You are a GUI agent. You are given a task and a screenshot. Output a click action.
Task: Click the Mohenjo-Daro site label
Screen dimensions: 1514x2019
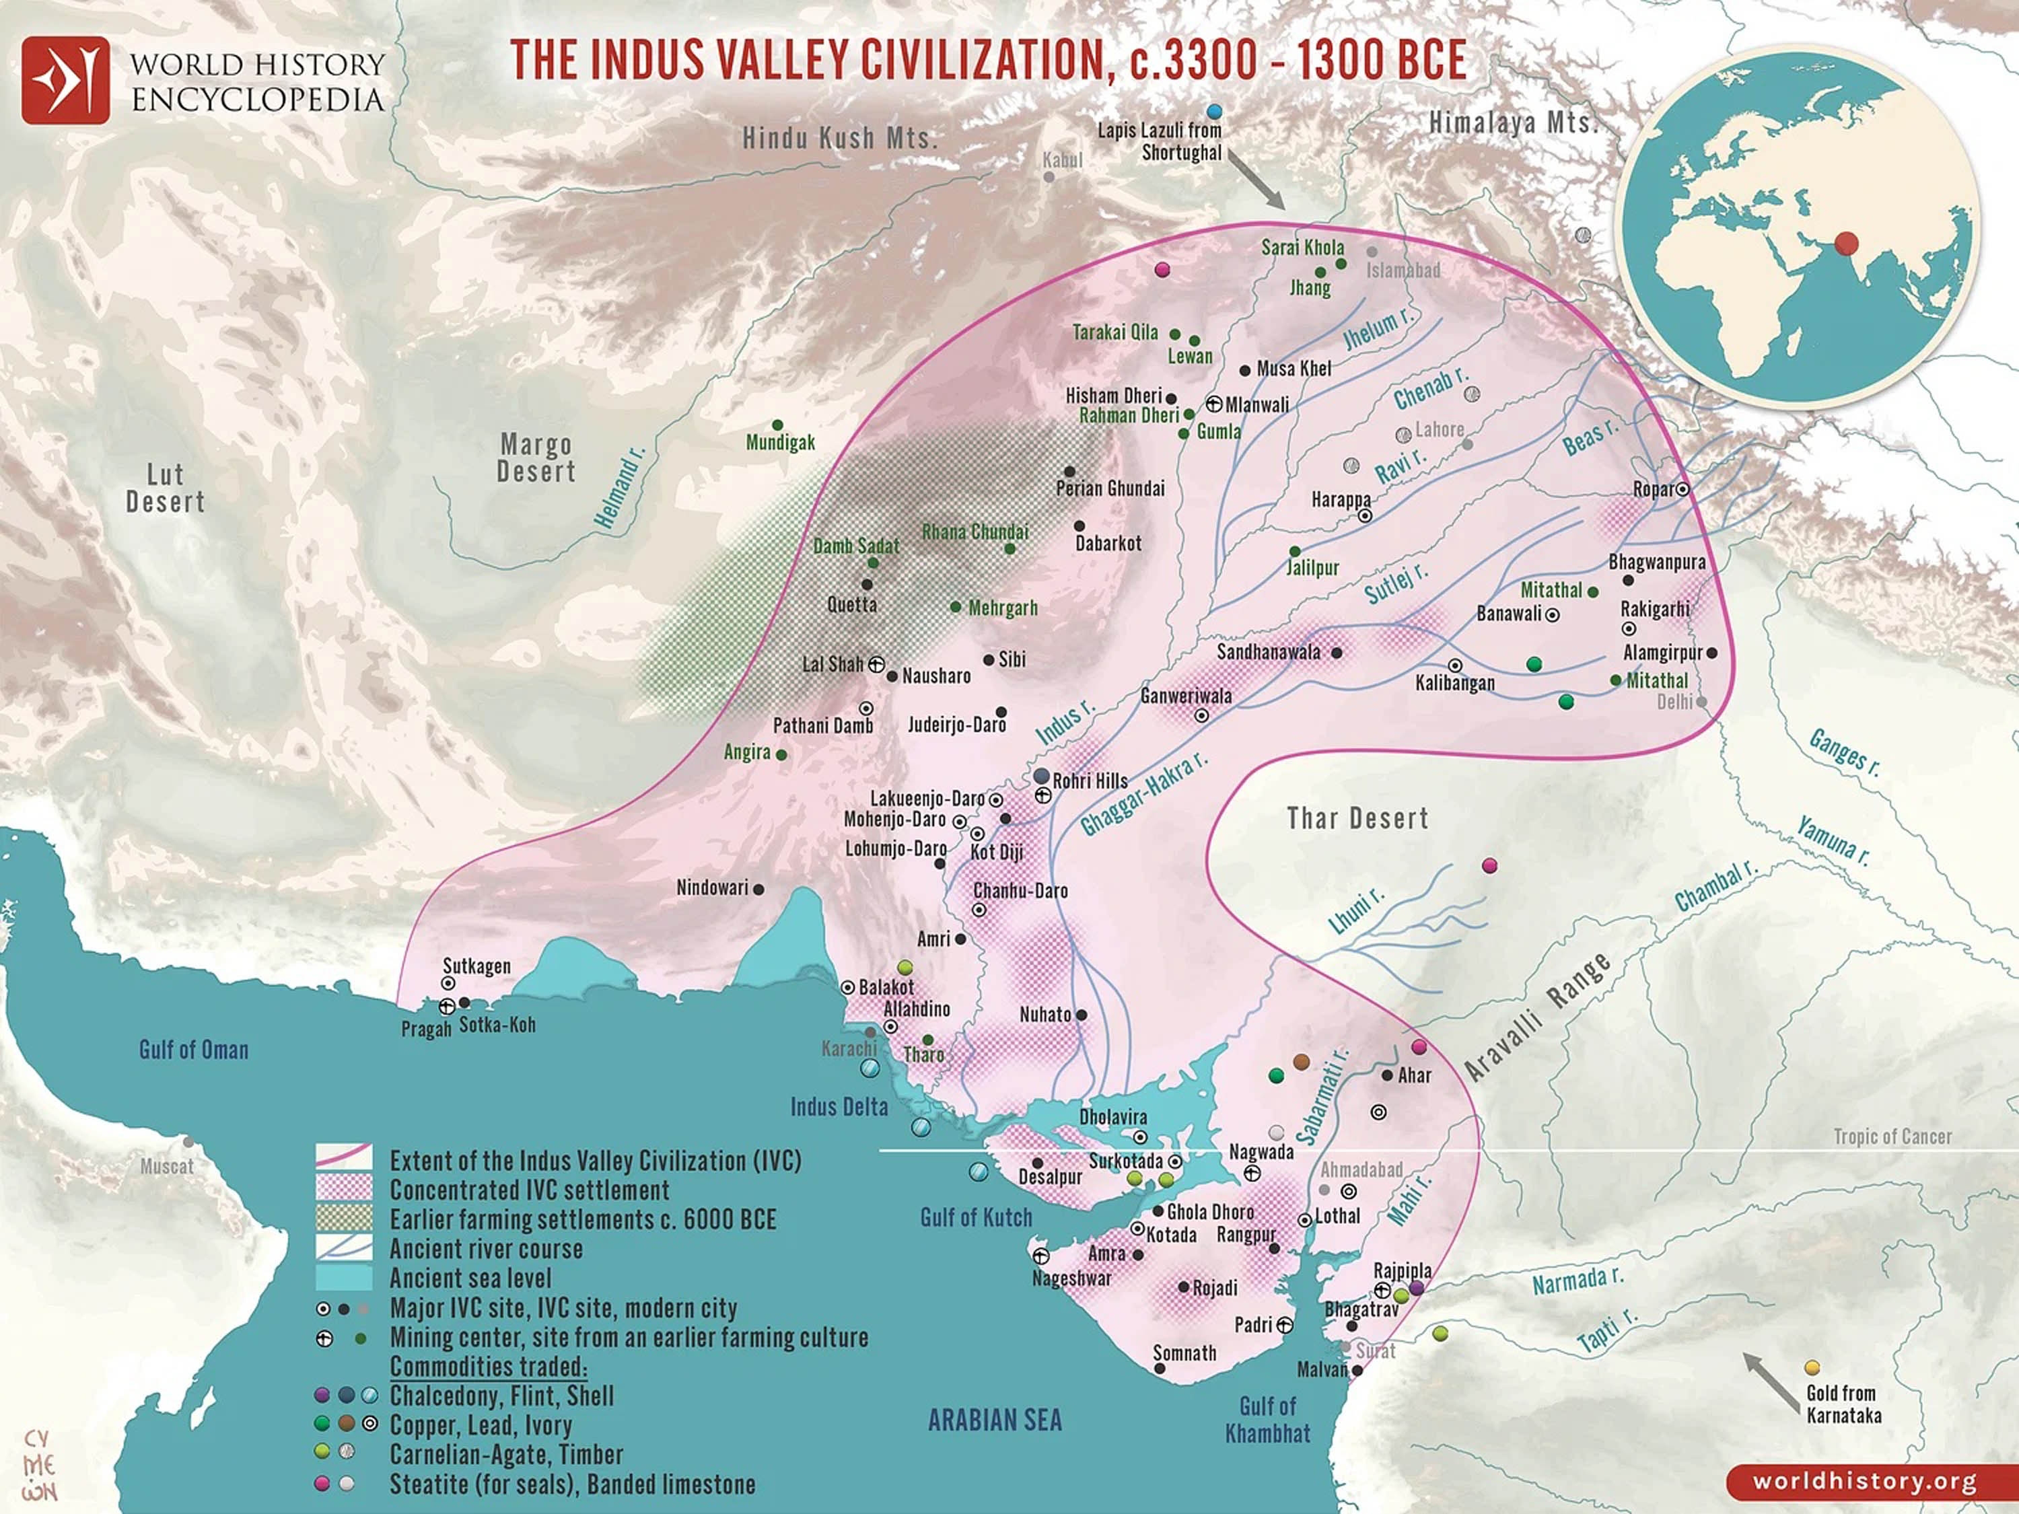tap(894, 820)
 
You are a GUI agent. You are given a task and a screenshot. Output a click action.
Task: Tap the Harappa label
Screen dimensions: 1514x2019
tap(1340, 500)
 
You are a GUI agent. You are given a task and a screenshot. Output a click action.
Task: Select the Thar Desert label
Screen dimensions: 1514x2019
tap(1357, 819)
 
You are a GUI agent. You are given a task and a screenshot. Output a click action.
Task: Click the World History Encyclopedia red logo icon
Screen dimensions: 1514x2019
tap(66, 80)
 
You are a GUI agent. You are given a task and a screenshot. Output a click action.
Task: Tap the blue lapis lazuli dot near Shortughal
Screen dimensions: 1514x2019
tap(1213, 111)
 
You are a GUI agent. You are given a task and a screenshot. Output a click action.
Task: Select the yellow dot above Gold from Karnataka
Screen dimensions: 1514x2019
tap(1812, 1368)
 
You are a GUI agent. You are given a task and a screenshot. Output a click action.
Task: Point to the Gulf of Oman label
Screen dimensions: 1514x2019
tap(194, 1050)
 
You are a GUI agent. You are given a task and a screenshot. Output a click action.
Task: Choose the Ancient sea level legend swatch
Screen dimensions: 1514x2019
tap(343, 1278)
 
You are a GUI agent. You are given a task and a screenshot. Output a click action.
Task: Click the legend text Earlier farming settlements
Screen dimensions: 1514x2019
tap(582, 1220)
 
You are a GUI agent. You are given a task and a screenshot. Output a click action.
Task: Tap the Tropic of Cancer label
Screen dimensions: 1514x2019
tap(1892, 1137)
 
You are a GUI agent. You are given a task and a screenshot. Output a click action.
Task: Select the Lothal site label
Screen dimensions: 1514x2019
tap(1337, 1217)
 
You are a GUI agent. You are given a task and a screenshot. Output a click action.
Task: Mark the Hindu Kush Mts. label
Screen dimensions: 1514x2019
tap(840, 139)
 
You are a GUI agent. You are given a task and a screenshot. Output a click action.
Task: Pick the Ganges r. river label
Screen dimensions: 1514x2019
tap(1844, 753)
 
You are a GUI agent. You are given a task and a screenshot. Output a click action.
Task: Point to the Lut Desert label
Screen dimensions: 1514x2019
tap(165, 489)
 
